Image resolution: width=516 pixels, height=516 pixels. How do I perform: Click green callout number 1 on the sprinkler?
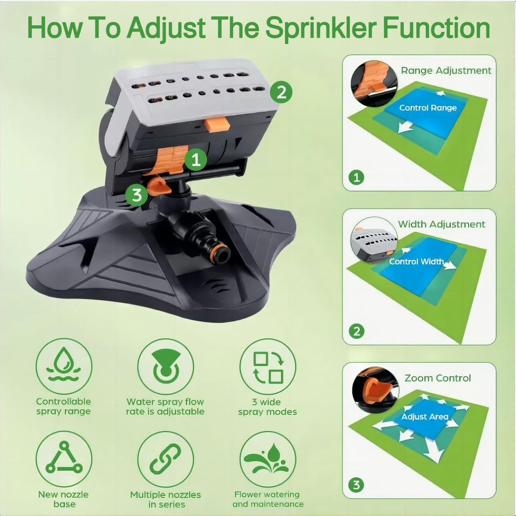(x=196, y=159)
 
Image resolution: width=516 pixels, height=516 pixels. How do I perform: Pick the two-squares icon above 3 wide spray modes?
(x=268, y=366)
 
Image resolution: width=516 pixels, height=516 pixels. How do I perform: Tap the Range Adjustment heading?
(x=446, y=71)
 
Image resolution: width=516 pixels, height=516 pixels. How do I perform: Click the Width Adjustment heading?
(x=441, y=224)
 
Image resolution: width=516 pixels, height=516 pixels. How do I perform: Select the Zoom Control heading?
(x=438, y=378)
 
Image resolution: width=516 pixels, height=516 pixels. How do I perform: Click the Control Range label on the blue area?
(x=428, y=108)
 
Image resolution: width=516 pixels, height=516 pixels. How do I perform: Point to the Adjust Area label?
(x=425, y=416)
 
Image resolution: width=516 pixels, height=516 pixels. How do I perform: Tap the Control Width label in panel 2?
(x=416, y=262)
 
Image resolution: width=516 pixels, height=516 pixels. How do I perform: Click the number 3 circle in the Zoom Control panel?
(x=357, y=485)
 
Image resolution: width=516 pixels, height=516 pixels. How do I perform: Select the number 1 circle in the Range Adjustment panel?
(x=357, y=178)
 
